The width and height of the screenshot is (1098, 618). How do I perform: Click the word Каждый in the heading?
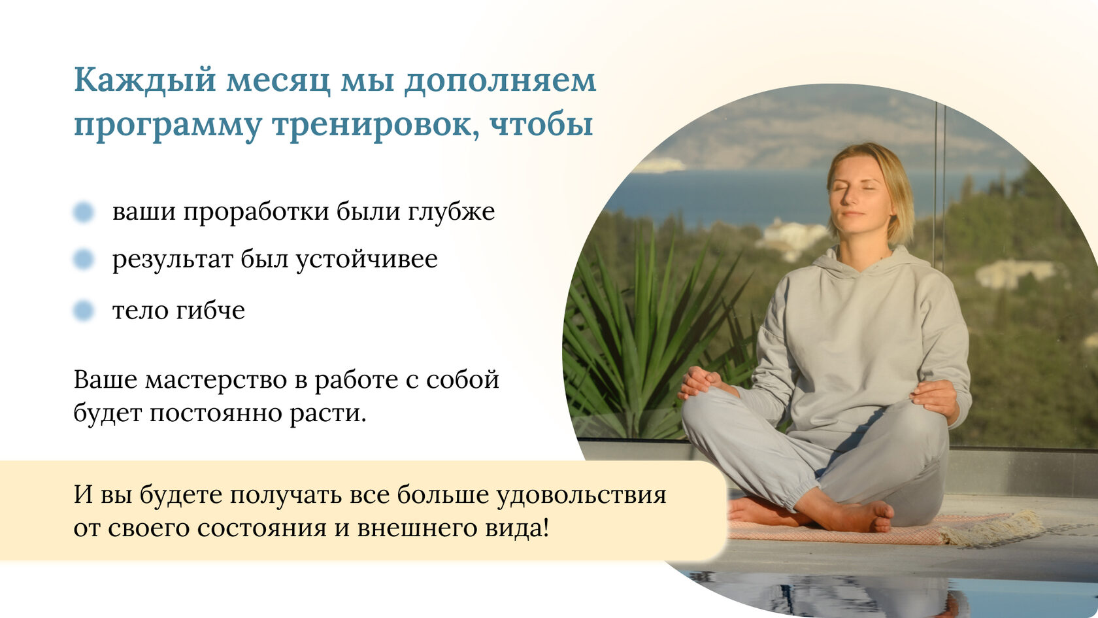[145, 80]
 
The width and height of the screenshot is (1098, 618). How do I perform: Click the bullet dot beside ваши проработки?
[84, 213]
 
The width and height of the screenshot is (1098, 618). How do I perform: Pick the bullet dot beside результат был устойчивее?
[84, 260]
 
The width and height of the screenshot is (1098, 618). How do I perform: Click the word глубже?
[451, 212]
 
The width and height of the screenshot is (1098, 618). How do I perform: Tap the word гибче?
[210, 310]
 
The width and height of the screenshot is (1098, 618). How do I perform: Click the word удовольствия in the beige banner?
[582, 496]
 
